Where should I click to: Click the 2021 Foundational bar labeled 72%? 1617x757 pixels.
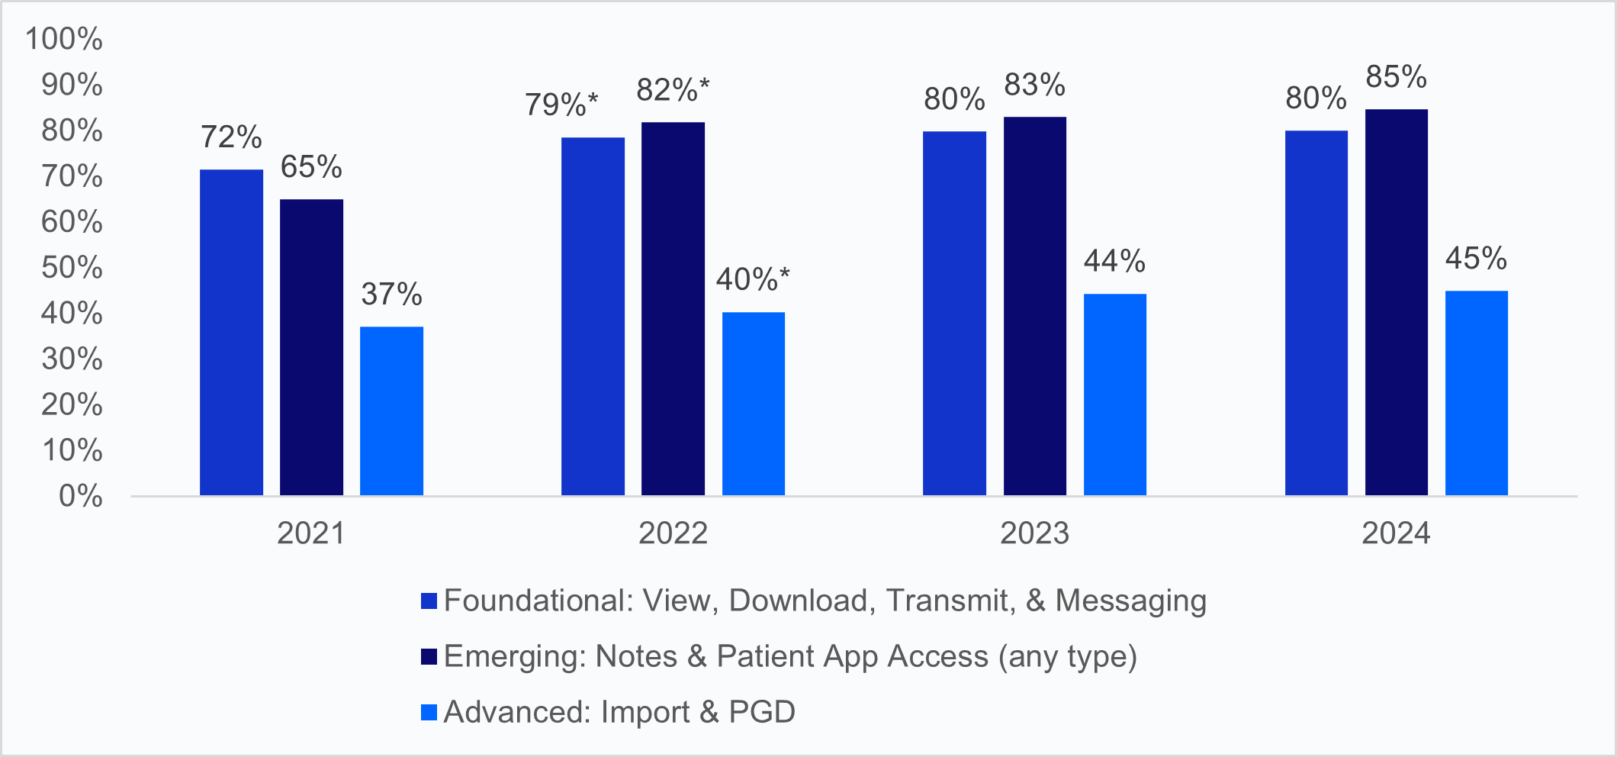tap(231, 333)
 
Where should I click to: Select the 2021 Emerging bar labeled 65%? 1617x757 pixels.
tap(311, 347)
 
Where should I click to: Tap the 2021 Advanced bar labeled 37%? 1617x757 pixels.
tap(391, 411)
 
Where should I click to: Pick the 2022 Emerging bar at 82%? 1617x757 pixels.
tap(673, 309)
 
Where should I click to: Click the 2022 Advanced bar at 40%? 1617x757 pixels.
tap(754, 404)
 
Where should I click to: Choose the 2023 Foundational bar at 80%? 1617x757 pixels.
tap(954, 314)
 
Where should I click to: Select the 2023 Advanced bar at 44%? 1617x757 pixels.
tap(1114, 395)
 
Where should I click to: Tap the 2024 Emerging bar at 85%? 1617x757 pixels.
tap(1396, 302)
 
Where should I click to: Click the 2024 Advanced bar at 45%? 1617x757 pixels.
tap(1476, 393)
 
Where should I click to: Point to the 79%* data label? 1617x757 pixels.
tap(561, 105)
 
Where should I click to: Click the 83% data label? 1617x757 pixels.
tap(1034, 85)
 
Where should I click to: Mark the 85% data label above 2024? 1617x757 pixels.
tap(1396, 77)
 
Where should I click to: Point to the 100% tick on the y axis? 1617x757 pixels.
tap(64, 39)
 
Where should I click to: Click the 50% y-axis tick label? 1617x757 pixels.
tap(72, 268)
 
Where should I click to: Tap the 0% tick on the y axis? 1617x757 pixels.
tap(81, 496)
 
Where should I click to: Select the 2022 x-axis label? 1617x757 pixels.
tap(673, 533)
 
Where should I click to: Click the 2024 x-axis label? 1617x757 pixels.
tap(1396, 533)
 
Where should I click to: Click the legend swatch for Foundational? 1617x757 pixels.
tap(429, 601)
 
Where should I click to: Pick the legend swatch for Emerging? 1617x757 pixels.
tap(429, 656)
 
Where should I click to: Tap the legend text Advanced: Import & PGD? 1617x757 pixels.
tap(619, 712)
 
